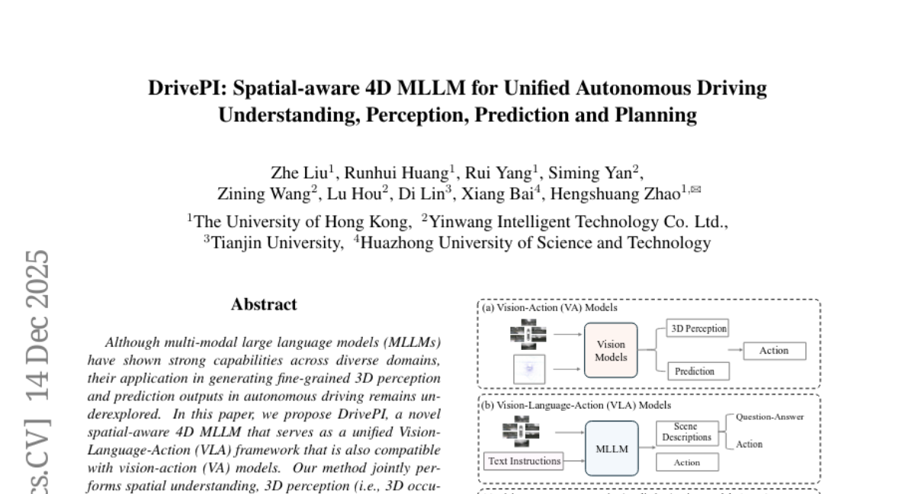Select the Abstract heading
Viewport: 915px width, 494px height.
tap(264, 304)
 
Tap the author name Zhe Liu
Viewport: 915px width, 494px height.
tap(299, 172)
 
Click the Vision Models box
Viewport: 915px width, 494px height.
tap(611, 351)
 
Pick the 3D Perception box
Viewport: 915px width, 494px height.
tap(698, 329)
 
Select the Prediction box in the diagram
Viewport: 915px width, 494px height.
tap(694, 371)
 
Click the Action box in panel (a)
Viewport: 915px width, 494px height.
tap(773, 351)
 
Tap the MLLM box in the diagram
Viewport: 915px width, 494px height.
tap(612, 449)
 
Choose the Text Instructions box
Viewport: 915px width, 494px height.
tap(524, 460)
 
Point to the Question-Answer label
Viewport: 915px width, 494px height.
tap(769, 417)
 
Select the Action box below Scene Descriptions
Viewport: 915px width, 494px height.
tap(686, 462)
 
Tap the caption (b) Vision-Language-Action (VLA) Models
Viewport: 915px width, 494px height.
tap(576, 406)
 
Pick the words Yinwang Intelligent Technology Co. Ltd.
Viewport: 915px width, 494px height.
tap(578, 222)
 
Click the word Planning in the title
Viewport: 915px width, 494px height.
tap(660, 115)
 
